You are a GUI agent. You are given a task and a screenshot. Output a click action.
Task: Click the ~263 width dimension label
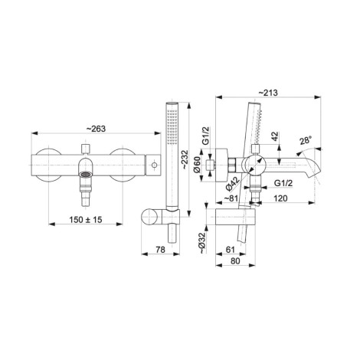(x=96, y=129)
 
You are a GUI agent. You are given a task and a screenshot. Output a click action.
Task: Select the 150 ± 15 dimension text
(x=86, y=219)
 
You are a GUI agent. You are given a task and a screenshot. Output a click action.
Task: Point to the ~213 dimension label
(x=268, y=93)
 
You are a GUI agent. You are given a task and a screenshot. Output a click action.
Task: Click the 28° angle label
(x=306, y=140)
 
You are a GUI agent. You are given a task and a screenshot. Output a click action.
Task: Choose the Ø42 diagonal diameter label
(x=233, y=184)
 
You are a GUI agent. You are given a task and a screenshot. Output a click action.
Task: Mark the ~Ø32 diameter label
(x=201, y=243)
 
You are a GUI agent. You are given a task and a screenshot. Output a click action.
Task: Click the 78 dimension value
(x=160, y=250)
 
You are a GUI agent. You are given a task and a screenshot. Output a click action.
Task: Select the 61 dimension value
(x=230, y=250)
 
